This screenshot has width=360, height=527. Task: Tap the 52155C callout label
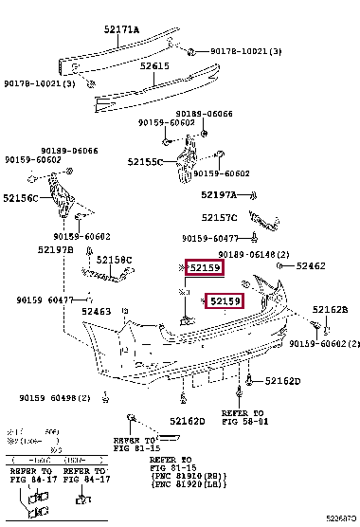pos(146,161)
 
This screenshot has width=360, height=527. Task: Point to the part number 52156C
pos(20,198)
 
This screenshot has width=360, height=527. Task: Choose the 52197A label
pos(219,194)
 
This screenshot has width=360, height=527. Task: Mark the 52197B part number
pos(56,249)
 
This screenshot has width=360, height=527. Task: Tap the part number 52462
pos(310,266)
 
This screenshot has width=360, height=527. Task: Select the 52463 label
pos(96,310)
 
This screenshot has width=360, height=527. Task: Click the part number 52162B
pos(331,309)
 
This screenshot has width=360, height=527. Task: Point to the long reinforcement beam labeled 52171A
pos(104,54)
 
